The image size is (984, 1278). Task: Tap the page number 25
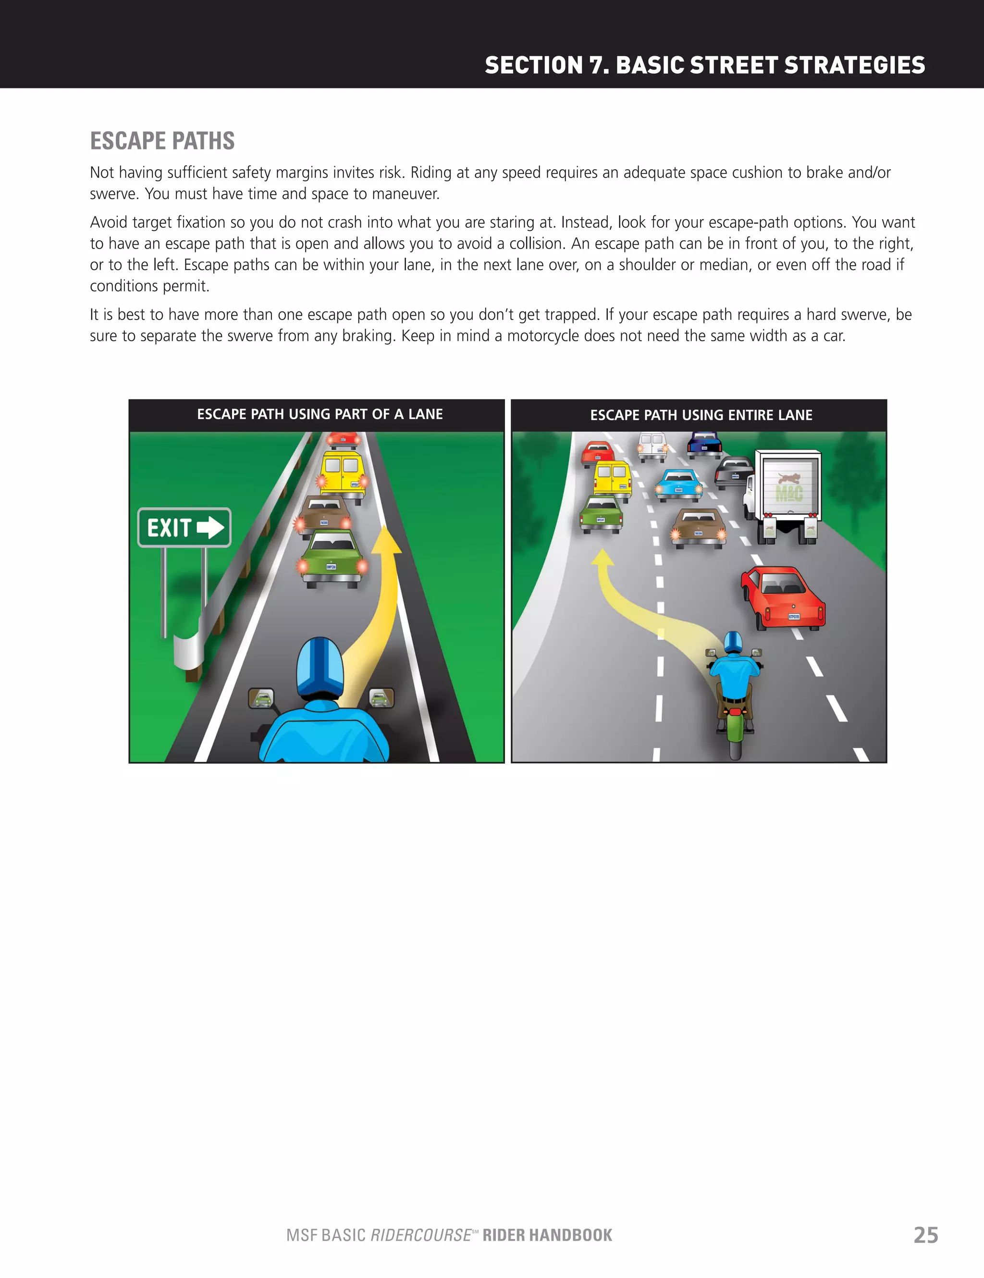[x=925, y=1235]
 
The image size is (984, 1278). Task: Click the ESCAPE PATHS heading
[x=162, y=141]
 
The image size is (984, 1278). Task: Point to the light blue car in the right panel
[x=678, y=484]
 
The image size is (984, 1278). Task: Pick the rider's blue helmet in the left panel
[x=320, y=667]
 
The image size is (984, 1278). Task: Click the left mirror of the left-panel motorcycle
[x=261, y=697]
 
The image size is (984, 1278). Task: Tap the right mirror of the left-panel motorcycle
[x=381, y=697]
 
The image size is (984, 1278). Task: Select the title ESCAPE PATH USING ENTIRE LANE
[x=701, y=415]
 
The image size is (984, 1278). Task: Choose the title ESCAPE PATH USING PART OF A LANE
[x=320, y=414]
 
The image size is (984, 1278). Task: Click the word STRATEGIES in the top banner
[x=854, y=65]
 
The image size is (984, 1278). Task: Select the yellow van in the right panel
[x=613, y=479]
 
